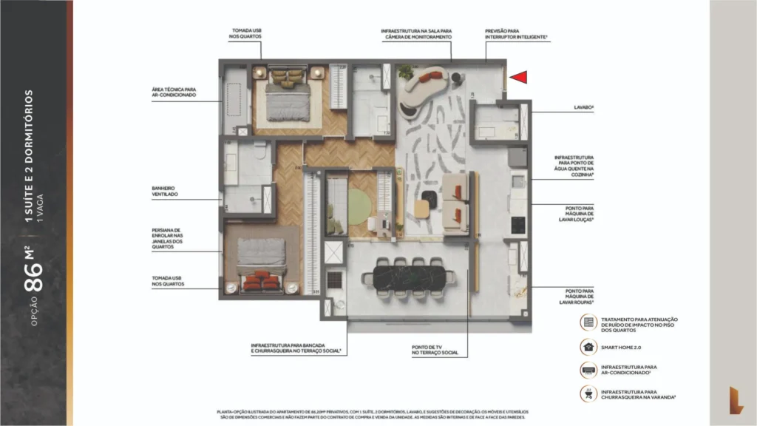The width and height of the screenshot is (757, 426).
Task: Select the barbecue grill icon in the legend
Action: [x=588, y=393]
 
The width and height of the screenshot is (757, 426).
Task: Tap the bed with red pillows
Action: [x=262, y=266]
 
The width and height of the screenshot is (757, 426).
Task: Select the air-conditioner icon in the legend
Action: [x=588, y=370]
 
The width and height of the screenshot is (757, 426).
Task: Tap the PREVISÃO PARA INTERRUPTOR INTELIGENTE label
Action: [x=515, y=33]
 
